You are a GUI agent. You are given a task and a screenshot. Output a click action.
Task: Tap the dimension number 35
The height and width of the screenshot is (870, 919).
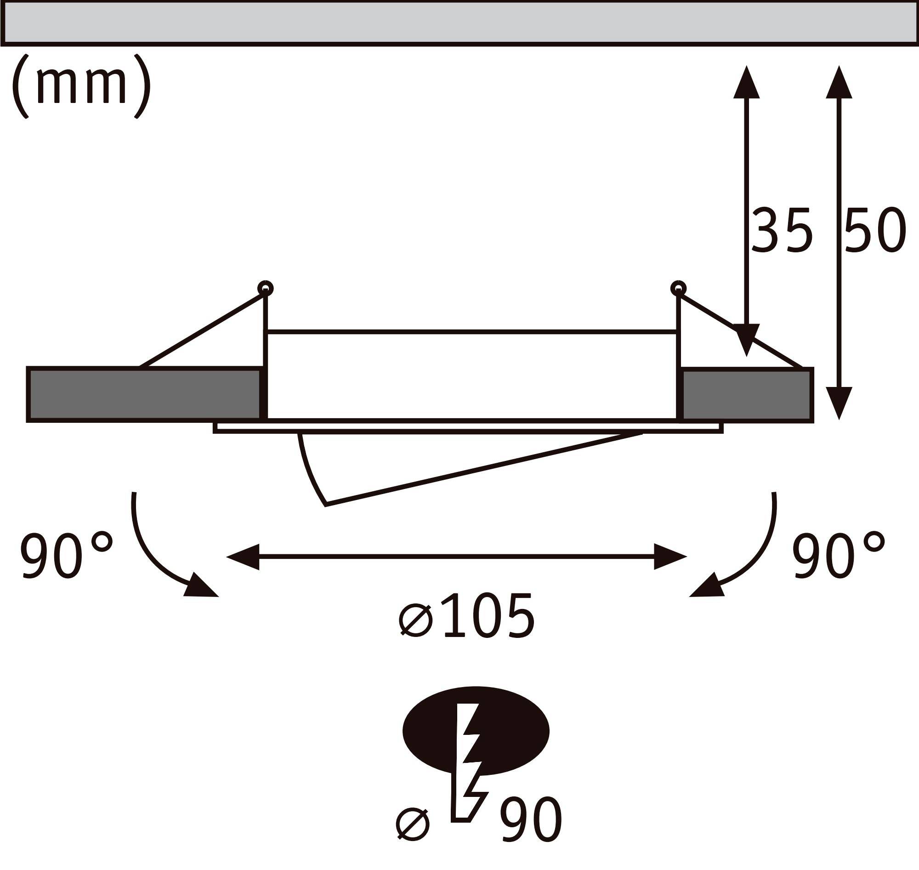[x=782, y=231]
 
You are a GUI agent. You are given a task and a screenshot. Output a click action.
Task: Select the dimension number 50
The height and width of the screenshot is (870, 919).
[x=874, y=231]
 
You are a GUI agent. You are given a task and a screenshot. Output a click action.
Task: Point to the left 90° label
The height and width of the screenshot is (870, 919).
[x=66, y=555]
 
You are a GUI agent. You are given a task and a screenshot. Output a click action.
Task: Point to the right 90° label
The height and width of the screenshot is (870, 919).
[x=838, y=555]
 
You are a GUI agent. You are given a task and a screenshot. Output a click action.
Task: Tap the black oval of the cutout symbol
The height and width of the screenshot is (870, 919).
[x=429, y=730]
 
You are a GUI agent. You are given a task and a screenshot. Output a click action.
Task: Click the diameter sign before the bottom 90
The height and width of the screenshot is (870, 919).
[x=413, y=825]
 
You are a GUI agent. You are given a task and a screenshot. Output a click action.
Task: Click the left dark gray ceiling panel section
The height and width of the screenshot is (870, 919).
[x=144, y=395]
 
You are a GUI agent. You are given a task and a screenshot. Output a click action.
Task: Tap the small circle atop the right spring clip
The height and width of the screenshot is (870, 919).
[x=678, y=289]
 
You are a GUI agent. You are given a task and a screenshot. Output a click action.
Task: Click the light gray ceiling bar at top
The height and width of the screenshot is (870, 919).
[x=459, y=23]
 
